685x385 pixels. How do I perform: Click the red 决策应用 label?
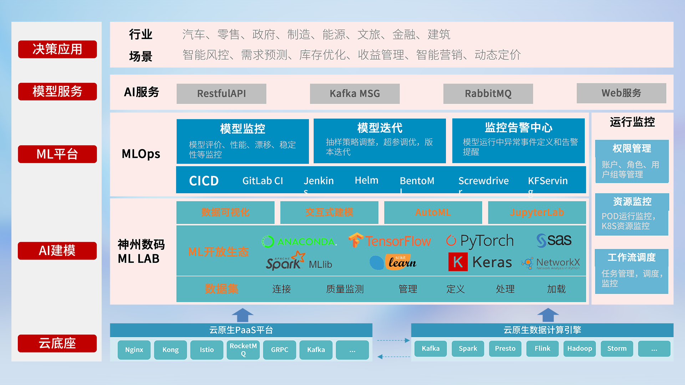click(x=57, y=49)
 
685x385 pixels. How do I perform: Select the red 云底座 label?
click(x=57, y=343)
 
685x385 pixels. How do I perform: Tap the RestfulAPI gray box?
click(x=221, y=93)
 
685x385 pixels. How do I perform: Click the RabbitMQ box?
click(x=488, y=93)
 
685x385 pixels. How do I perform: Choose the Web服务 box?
click(x=621, y=93)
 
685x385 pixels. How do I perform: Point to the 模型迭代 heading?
click(x=380, y=128)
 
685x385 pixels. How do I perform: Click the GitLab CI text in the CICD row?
click(x=263, y=181)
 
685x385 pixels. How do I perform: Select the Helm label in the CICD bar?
click(x=366, y=180)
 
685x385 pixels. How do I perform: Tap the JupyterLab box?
click(x=537, y=212)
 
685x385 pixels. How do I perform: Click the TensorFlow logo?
click(x=390, y=241)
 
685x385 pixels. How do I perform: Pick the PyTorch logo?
click(x=480, y=241)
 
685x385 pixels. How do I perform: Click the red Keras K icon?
click(x=458, y=262)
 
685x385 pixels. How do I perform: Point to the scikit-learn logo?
click(x=394, y=262)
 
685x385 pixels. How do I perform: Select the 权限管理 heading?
click(x=631, y=148)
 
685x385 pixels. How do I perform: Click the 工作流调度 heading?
click(x=631, y=257)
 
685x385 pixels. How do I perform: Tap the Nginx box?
click(x=134, y=350)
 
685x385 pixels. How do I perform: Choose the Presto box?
click(x=505, y=349)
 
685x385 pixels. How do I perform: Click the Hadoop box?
click(x=579, y=349)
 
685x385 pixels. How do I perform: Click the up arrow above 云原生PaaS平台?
click(x=242, y=315)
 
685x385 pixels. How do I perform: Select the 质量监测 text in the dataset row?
click(x=345, y=289)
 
